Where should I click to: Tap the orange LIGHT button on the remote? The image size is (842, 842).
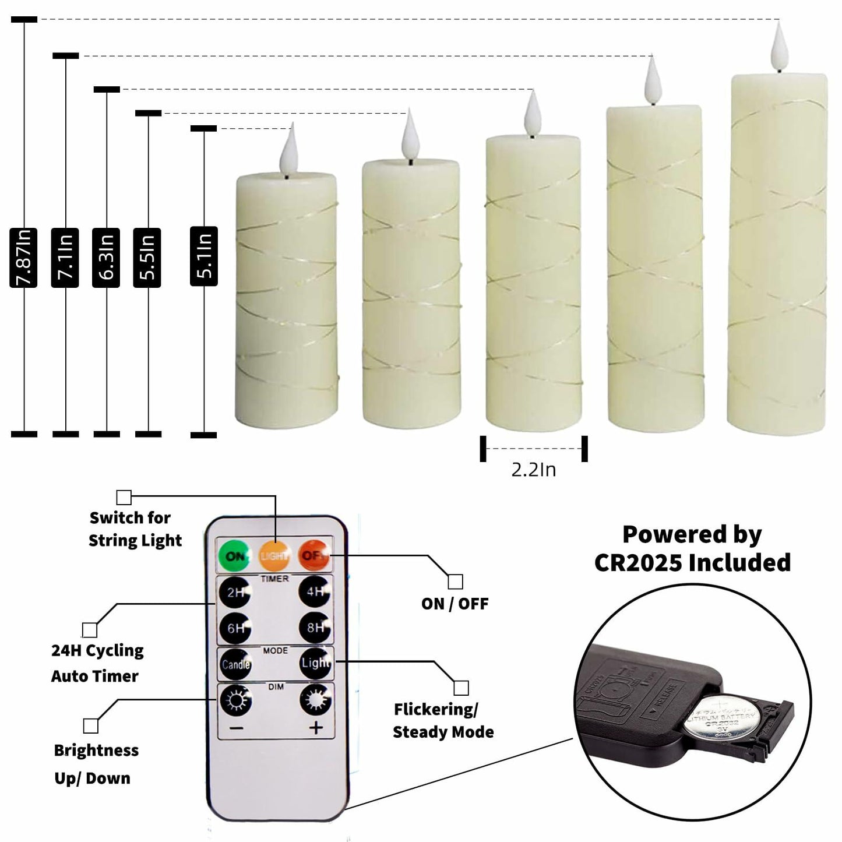(x=274, y=556)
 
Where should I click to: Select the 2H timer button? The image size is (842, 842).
(x=235, y=593)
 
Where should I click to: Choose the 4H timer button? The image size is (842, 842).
(x=315, y=592)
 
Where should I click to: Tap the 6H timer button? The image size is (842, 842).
(x=235, y=628)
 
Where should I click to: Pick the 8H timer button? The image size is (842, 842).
(x=315, y=628)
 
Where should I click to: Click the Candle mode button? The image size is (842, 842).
(x=235, y=664)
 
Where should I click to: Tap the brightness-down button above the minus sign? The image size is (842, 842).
(x=235, y=700)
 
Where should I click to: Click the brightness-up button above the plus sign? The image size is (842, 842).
(x=315, y=700)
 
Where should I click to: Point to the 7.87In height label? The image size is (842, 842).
(x=23, y=258)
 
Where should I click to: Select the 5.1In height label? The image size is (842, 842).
(x=204, y=256)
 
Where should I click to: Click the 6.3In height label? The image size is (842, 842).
(x=106, y=258)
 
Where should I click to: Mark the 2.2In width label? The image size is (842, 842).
(x=533, y=470)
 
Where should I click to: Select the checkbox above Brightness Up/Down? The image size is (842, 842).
(x=91, y=725)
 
